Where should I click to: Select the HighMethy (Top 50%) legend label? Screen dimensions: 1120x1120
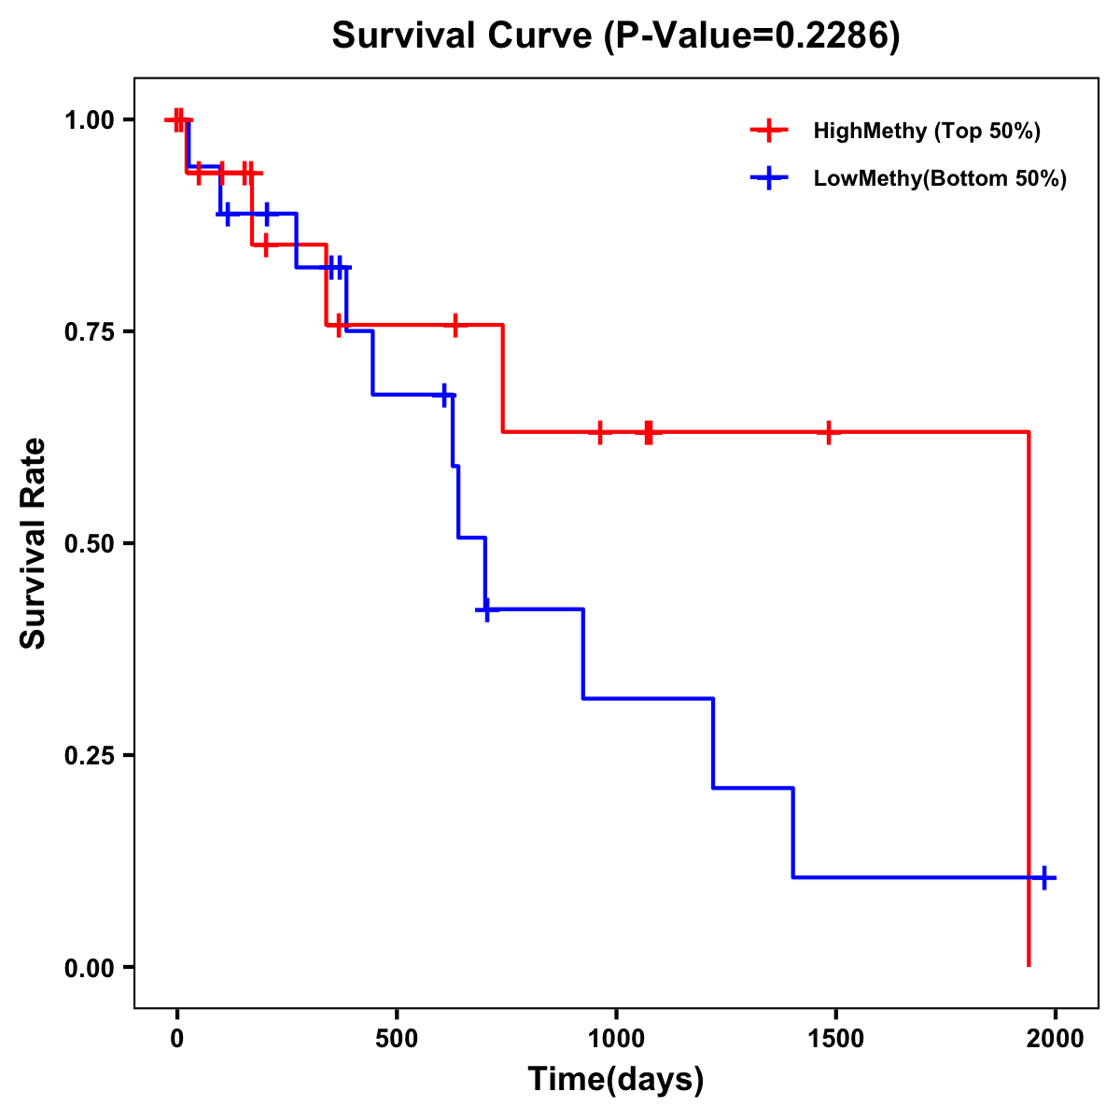click(x=926, y=131)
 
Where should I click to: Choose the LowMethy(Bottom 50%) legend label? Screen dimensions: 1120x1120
click(x=940, y=178)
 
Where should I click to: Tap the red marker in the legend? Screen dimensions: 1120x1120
click(x=768, y=131)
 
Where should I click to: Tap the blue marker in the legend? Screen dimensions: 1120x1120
click(x=768, y=178)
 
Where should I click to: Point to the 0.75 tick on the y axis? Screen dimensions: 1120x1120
click(x=88, y=331)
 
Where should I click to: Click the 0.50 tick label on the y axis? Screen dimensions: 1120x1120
click(x=88, y=543)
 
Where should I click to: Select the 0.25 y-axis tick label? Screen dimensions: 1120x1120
click(x=88, y=755)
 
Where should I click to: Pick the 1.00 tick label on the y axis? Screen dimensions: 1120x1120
click(x=88, y=119)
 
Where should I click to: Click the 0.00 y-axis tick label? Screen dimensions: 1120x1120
click(x=88, y=967)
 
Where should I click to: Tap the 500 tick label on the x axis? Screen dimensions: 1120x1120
click(x=397, y=1039)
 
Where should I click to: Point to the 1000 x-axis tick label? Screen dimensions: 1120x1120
click(x=616, y=1039)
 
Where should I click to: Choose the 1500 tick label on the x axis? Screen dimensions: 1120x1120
click(x=835, y=1039)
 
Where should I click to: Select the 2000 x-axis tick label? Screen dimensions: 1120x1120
click(x=1055, y=1039)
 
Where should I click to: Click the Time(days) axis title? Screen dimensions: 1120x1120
click(x=616, y=1079)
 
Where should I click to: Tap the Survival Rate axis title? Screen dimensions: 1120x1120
click(x=34, y=543)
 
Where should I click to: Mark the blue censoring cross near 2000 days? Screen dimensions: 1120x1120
click(x=1044, y=877)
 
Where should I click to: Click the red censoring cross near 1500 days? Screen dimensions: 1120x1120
click(x=828, y=432)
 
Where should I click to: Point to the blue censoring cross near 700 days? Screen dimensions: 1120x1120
click(x=485, y=609)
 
